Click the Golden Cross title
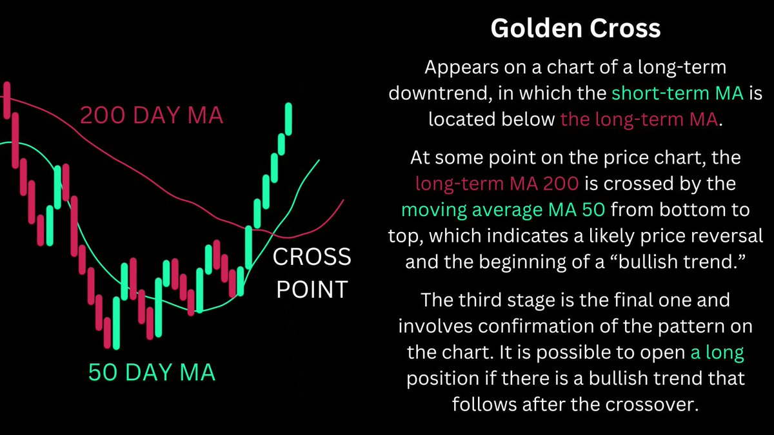pos(575,28)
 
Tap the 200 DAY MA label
pos(152,116)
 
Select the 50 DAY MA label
pos(152,372)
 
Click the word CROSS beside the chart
pos(312,258)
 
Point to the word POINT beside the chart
pos(312,289)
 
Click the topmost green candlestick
pos(289,119)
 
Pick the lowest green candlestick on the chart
pos(115,322)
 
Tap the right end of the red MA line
pos(343,200)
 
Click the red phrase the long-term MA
pos(639,119)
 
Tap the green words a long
pos(717,353)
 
